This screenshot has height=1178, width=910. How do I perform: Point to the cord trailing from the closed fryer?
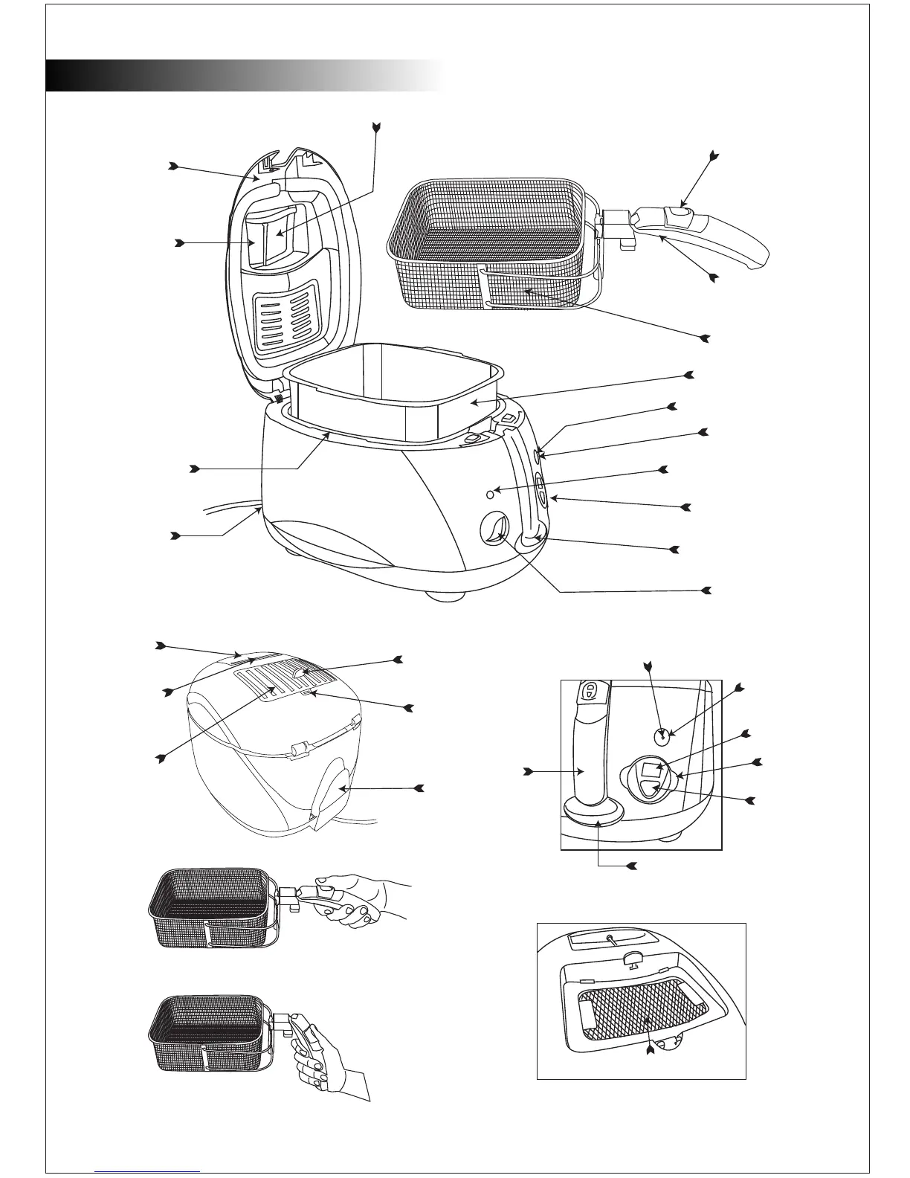point(357,820)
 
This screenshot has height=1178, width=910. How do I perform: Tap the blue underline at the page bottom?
point(148,1171)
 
